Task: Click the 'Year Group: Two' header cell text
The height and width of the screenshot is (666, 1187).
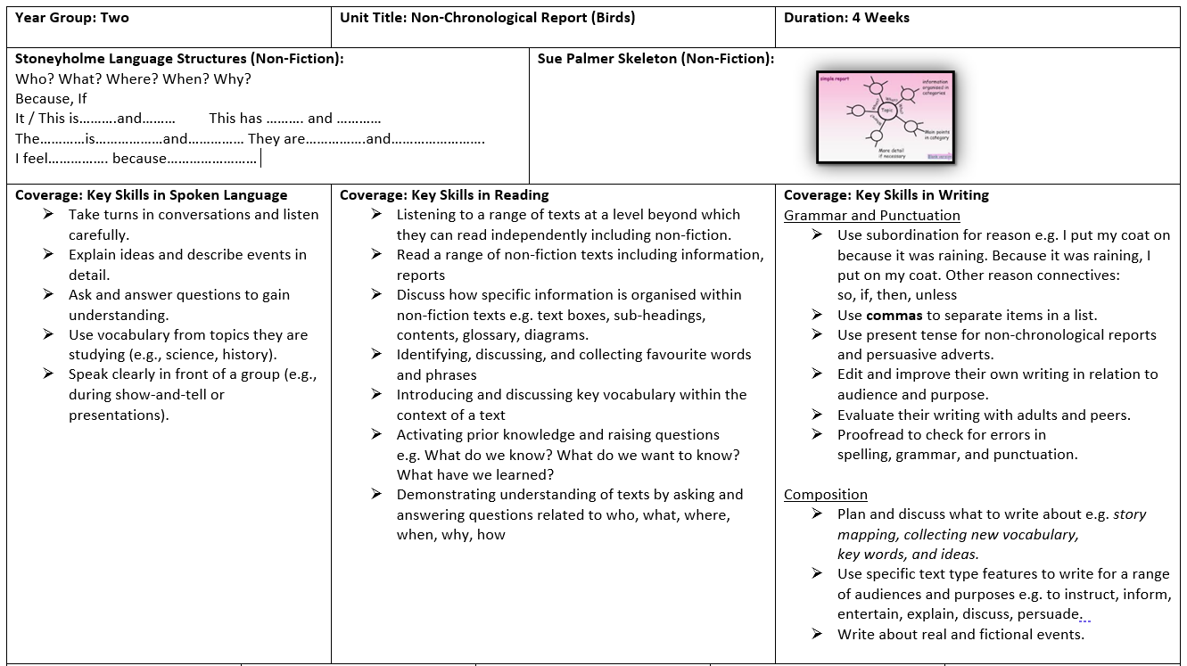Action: pos(72,18)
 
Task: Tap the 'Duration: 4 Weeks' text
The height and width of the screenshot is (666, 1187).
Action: pos(846,18)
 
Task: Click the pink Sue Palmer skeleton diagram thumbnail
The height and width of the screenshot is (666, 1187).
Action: pos(885,117)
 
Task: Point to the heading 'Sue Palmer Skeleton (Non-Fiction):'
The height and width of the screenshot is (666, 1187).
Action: pos(655,59)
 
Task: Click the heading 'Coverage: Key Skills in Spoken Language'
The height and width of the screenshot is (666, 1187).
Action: pos(152,195)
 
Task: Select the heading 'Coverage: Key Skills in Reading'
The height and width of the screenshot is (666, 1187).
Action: pos(444,195)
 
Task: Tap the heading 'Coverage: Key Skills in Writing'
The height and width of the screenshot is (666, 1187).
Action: pos(886,195)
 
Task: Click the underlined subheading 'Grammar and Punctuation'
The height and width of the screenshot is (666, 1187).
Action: pos(871,216)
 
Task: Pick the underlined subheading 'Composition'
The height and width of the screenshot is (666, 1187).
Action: pos(825,495)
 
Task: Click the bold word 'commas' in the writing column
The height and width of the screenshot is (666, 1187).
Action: pos(894,316)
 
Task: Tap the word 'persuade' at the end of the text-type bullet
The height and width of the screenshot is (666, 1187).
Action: pos(1049,614)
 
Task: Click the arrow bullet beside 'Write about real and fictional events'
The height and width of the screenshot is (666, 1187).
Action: pos(817,634)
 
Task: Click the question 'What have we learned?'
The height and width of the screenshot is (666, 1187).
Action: pos(475,475)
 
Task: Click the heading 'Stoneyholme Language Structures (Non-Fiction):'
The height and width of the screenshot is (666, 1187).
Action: pos(179,59)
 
